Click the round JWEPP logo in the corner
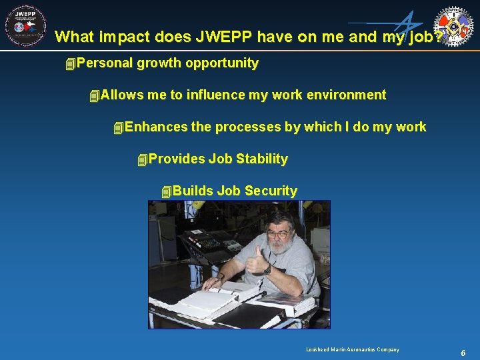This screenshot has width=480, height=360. point(25,26)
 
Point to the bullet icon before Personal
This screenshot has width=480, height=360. point(70,64)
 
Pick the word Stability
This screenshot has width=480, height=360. point(261,159)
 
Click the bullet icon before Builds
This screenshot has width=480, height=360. point(166,192)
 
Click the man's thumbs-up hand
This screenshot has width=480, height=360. point(256,260)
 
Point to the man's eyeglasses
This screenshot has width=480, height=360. point(278,233)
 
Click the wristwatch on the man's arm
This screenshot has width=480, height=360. point(267,270)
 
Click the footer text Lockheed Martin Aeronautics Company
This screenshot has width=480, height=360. point(353,350)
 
